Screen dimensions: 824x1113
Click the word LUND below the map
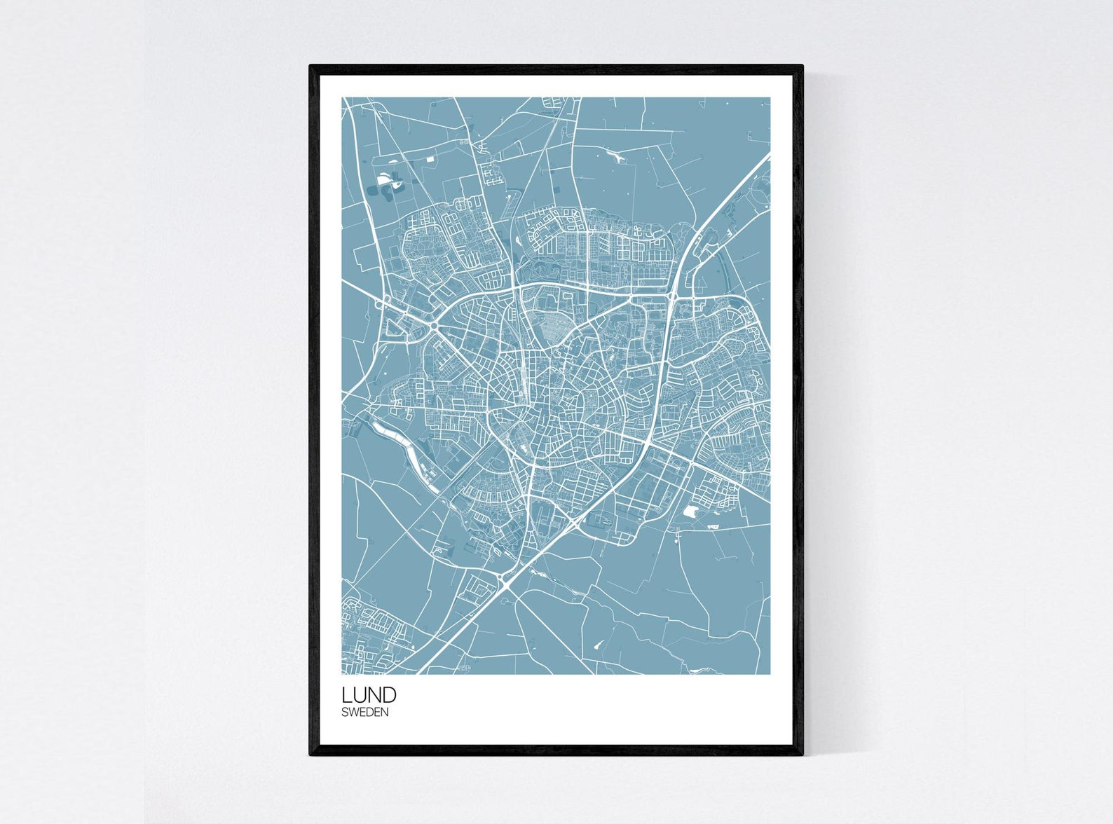coord(369,695)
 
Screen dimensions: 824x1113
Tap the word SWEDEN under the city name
coord(364,713)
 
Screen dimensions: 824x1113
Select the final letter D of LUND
coord(389,695)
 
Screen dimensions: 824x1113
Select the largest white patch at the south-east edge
coord(690,511)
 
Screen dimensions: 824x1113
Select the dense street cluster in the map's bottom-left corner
coord(368,634)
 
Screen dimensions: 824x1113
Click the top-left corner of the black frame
coord(310,66)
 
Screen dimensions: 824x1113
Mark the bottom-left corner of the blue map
coord(343,673)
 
